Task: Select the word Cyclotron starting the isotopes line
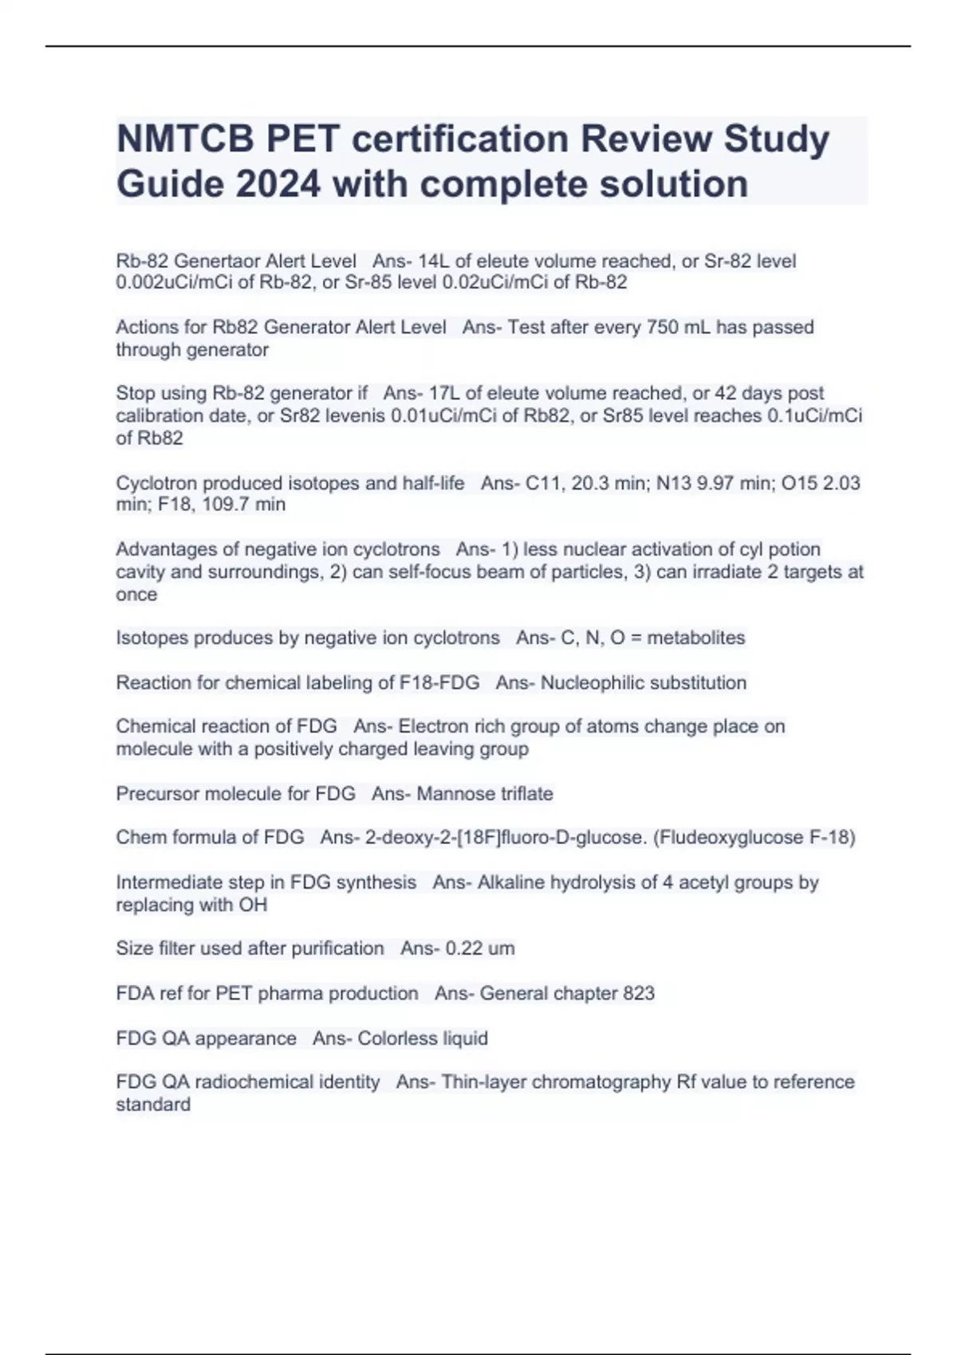156,483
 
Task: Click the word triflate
524,794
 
